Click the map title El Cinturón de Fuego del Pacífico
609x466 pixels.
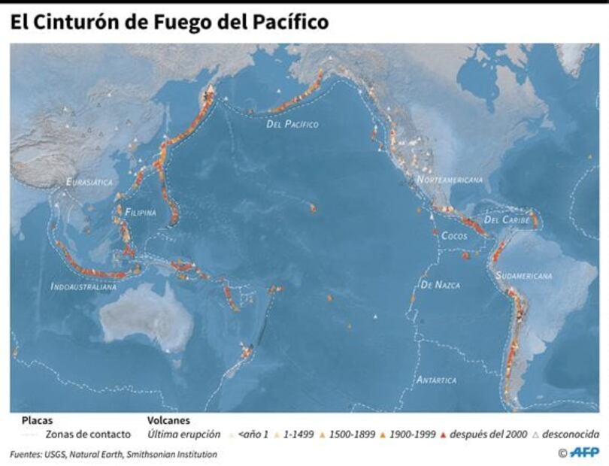[169, 23]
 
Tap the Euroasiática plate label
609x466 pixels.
[89, 183]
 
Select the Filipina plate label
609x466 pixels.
[141, 213]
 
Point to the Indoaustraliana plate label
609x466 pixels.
[83, 286]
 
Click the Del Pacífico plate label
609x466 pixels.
[292, 124]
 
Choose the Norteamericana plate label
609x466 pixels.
[450, 180]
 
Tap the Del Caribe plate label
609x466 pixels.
[507, 220]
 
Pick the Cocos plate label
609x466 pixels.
[454, 236]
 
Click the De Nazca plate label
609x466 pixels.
[441, 285]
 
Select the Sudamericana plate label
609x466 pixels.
[523, 276]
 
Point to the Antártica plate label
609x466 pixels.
[436, 380]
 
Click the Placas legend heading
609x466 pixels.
[37, 421]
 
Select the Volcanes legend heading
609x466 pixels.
[168, 421]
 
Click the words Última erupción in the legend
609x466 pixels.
[184, 434]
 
